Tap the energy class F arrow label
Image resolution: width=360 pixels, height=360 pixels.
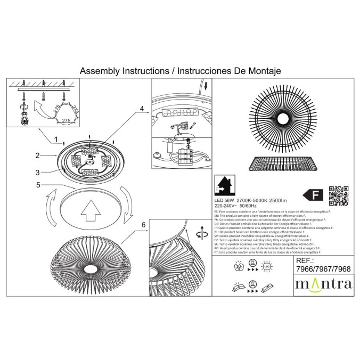[312, 193]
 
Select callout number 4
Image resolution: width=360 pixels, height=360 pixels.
[142, 109]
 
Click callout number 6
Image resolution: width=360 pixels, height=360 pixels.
[143, 225]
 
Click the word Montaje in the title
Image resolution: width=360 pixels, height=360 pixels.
[260, 70]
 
